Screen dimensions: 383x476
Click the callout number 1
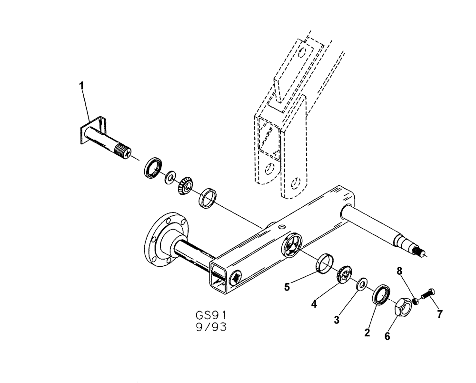(81, 86)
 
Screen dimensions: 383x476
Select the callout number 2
(367, 333)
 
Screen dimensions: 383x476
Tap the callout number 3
(337, 320)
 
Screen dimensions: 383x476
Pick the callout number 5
(287, 287)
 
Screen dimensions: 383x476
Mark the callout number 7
(440, 314)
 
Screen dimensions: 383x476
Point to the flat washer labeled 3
(362, 284)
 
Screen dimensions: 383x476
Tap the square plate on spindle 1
(87, 132)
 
